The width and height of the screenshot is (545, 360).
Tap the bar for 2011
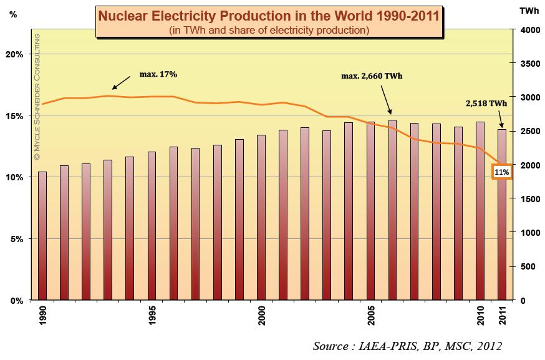(502, 215)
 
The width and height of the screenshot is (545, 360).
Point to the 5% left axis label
(17, 239)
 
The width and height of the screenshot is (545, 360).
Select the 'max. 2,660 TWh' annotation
(372, 77)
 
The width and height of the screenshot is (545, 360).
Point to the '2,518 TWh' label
(486, 104)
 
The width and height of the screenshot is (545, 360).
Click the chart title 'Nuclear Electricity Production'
(268, 15)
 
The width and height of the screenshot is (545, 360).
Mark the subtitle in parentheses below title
(268, 29)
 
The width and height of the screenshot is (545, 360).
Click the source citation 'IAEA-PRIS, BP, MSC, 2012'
(407, 346)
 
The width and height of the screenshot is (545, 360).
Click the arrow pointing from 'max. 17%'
(123, 82)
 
